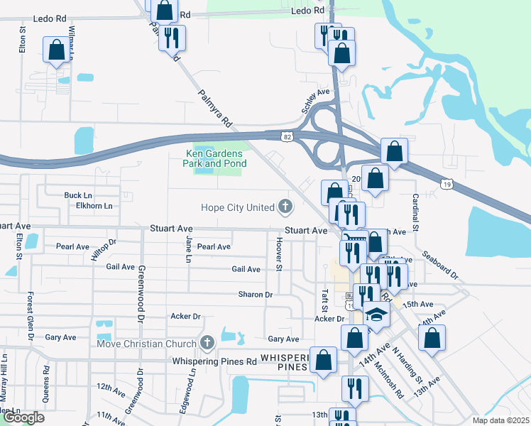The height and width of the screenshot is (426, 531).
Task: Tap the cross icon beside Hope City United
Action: [x=285, y=207]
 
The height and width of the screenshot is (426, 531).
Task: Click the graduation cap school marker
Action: [x=377, y=315]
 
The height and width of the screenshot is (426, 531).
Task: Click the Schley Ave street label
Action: [x=317, y=100]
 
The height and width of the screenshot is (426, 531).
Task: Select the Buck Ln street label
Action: [x=78, y=195]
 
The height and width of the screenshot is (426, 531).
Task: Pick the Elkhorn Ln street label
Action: [x=94, y=206]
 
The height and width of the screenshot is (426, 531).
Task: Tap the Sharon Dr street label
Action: [x=256, y=295]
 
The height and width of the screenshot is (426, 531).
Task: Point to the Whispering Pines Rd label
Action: [x=214, y=361]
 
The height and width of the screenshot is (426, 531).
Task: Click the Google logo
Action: [x=23, y=417]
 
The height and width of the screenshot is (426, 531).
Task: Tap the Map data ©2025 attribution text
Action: [x=500, y=420]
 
